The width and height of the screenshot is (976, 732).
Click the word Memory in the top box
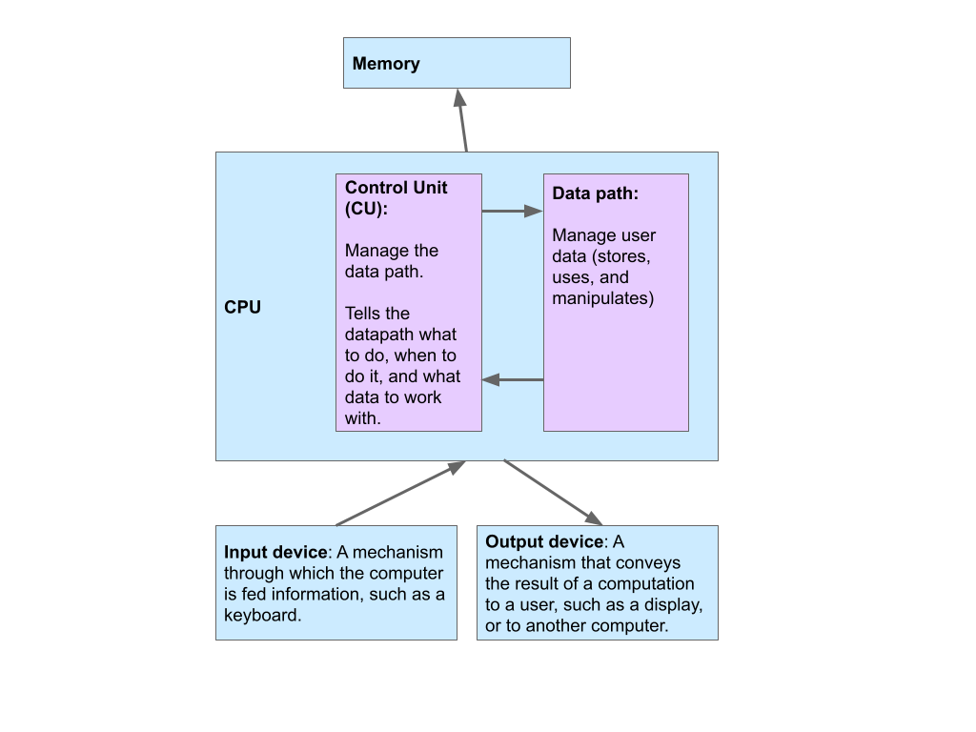point(386,64)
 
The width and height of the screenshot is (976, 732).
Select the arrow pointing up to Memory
point(463,121)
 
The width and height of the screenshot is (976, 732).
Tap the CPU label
point(242,308)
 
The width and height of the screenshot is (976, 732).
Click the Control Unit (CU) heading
point(396,198)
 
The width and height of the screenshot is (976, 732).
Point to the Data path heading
point(595,193)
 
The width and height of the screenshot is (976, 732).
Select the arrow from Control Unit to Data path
point(512,211)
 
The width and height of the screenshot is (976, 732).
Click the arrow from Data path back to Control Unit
point(513,379)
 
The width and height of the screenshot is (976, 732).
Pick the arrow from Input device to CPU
point(400,494)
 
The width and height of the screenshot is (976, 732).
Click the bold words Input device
point(276,553)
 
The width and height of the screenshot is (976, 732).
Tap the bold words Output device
point(544,542)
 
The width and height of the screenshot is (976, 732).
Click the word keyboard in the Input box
point(260,616)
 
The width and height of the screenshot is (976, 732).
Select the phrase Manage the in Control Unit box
point(392,251)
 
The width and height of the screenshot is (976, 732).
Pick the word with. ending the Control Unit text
point(363,417)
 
